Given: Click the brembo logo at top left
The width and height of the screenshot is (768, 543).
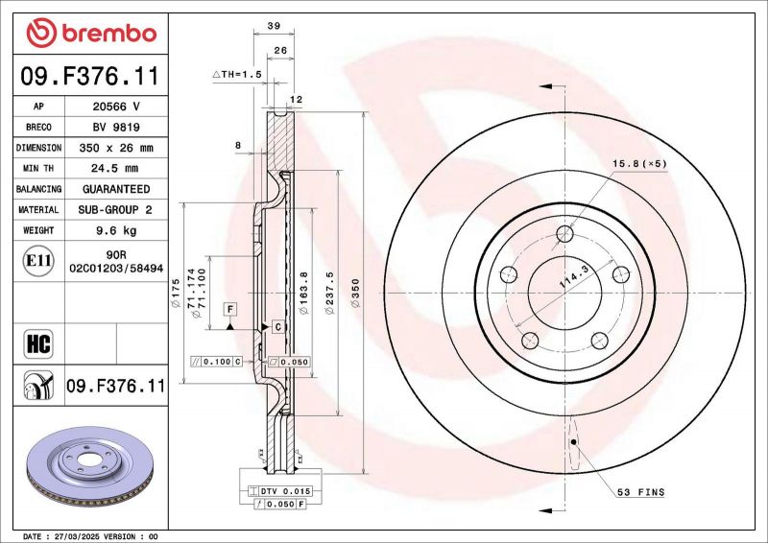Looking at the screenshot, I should coord(91,34).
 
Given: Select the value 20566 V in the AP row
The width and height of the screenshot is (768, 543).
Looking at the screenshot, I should coord(115,106).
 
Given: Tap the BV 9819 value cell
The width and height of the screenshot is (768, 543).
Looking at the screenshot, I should coord(115,127).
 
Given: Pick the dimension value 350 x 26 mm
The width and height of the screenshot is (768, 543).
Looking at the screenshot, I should coord(115,148).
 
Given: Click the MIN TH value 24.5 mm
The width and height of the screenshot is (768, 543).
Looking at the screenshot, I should coord(115,168).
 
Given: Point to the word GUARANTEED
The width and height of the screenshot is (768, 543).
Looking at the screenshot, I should coord(115,189).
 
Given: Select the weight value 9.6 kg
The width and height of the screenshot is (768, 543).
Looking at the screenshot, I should coord(115,230).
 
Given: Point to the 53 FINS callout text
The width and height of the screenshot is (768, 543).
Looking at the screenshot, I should coord(640,492).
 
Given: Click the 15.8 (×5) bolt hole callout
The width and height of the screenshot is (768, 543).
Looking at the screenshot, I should coord(639,164).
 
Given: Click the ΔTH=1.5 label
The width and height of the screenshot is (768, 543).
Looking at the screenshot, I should coord(236,74).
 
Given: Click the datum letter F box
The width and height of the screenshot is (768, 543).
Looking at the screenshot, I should coord(230,308).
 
